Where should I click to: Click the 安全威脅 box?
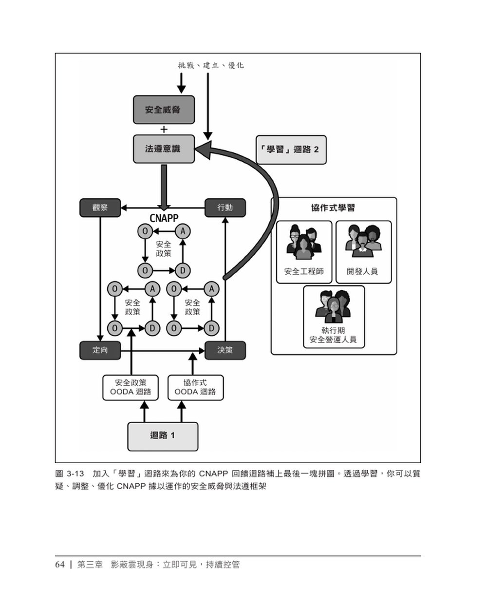click(x=164, y=110)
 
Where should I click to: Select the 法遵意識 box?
click(x=164, y=149)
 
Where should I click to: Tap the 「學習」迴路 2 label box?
click(x=291, y=150)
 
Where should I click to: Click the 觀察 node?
click(x=100, y=208)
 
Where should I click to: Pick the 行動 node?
click(x=225, y=208)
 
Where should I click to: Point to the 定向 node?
click(x=100, y=350)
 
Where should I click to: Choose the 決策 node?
click(x=225, y=350)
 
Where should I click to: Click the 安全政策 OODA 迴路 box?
click(x=131, y=387)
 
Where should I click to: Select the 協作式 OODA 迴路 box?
click(x=195, y=387)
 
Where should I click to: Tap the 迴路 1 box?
click(x=163, y=436)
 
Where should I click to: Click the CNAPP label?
click(x=164, y=219)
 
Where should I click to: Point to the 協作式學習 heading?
click(x=333, y=208)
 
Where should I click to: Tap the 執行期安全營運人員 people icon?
click(x=334, y=305)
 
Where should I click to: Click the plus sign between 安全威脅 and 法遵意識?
click(x=164, y=130)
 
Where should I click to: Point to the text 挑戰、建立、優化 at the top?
click(x=211, y=65)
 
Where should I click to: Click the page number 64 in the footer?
click(x=60, y=565)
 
